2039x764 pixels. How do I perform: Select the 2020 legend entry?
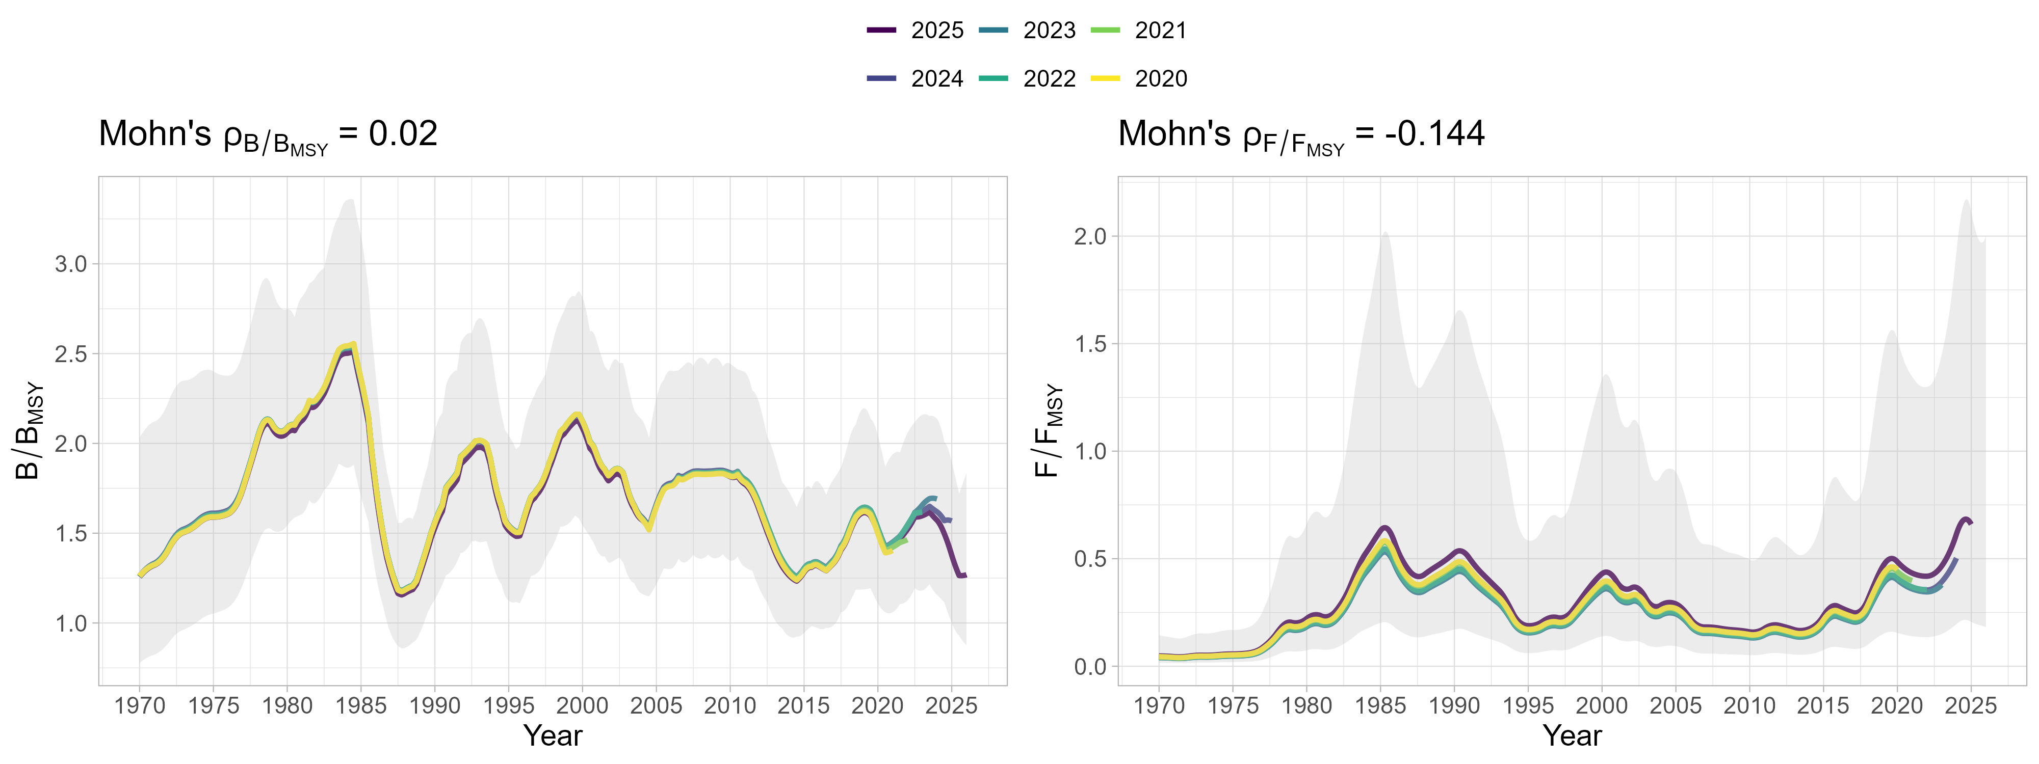[x=1140, y=78]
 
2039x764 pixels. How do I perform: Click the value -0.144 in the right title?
[x=1434, y=133]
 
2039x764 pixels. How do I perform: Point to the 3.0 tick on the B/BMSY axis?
[x=71, y=264]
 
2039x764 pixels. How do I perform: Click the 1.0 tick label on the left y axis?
[x=71, y=623]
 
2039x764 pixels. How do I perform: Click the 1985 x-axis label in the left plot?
[x=361, y=705]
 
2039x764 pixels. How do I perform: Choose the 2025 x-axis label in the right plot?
[x=1970, y=705]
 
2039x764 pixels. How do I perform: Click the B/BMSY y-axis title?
[x=29, y=431]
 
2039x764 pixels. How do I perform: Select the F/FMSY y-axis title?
[x=1048, y=431]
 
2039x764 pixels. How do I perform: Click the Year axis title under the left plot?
[x=553, y=735]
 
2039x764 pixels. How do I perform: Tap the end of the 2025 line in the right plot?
[x=1971, y=523]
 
